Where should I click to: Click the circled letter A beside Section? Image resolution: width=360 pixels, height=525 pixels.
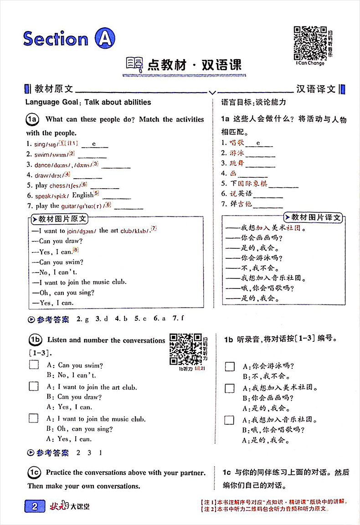[x=104, y=39]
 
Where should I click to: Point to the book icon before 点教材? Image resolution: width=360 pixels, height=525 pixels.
[x=134, y=65]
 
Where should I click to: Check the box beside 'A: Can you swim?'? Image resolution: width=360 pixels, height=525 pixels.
[x=34, y=365]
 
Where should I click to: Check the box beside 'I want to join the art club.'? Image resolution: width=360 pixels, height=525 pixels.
[x=34, y=386]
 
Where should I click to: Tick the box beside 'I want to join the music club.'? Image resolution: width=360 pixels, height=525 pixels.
[x=34, y=418]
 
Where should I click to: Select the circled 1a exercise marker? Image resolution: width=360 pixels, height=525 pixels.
[x=33, y=120]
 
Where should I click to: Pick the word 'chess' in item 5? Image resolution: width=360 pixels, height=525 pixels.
[x=57, y=185]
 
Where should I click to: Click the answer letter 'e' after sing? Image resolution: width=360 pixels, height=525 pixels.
[x=93, y=144]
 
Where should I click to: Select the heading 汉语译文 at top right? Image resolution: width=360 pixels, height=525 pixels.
[x=316, y=89]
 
